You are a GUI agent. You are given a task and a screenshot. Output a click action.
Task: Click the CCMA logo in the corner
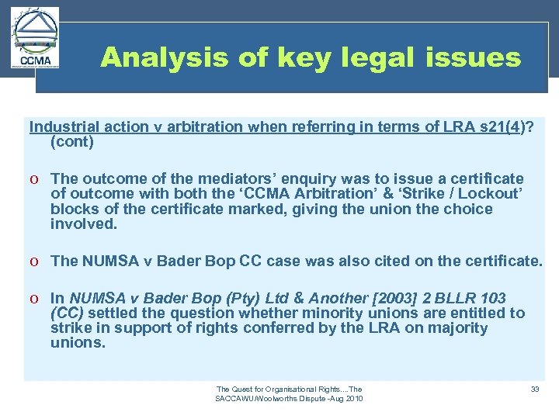point(35,40)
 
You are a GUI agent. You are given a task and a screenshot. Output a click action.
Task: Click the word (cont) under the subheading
point(72,142)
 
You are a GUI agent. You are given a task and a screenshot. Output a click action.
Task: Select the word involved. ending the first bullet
point(84,224)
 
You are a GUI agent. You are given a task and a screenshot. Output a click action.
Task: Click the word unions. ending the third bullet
point(78,342)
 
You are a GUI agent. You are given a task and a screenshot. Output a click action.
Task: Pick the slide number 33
point(534,389)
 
